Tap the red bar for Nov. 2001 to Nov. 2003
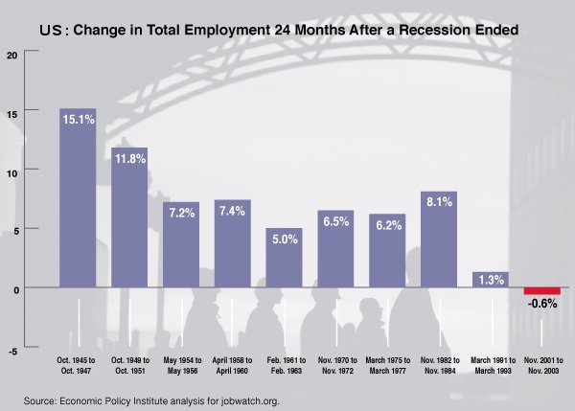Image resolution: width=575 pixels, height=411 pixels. coord(541,291)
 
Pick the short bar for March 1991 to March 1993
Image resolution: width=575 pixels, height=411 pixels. coord(491,280)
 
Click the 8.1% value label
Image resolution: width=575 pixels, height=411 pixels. coord(439,202)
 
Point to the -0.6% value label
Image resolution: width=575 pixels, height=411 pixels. coord(542,305)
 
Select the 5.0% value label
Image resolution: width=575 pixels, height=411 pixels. coord(284,240)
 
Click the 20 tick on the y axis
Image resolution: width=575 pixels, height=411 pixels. coord(11,54)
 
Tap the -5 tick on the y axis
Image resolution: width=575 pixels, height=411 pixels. coord(12,352)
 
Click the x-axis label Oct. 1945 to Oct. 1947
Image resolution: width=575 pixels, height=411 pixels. coord(77,368)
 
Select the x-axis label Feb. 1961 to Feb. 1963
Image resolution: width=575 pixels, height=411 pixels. coord(284,368)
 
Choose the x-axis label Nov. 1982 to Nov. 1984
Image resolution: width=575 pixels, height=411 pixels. coord(439,368)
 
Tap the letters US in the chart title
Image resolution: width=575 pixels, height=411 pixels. coord(54,31)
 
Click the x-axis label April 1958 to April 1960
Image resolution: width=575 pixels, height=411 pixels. coord(232,368)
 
